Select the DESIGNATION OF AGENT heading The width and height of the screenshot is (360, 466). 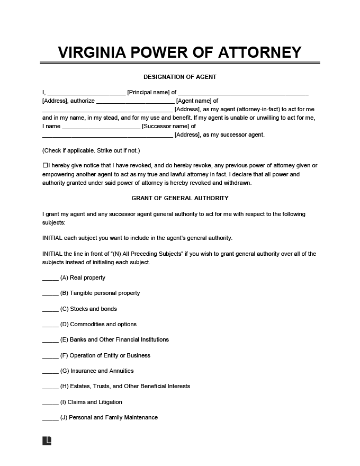(x=180, y=77)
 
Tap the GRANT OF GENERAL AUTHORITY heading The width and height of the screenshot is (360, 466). (x=180, y=198)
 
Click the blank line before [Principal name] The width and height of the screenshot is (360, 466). (x=87, y=94)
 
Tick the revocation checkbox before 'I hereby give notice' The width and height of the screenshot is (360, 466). (x=45, y=166)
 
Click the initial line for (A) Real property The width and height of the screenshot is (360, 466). (x=50, y=279)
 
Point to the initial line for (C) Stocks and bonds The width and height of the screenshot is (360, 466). (x=50, y=310)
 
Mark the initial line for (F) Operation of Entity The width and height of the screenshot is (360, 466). (x=50, y=356)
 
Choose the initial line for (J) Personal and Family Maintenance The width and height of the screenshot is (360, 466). (x=50, y=418)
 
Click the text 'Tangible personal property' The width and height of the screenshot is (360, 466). (x=105, y=293)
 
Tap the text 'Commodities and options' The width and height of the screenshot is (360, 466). (x=103, y=324)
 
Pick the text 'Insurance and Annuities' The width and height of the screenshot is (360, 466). (x=102, y=371)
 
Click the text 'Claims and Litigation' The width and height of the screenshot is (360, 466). (x=95, y=402)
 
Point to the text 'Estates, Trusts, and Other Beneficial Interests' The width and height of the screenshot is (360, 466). (x=130, y=386)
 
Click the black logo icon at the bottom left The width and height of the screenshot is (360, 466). (x=47, y=441)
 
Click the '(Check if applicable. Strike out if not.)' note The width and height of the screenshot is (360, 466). (x=91, y=150)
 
